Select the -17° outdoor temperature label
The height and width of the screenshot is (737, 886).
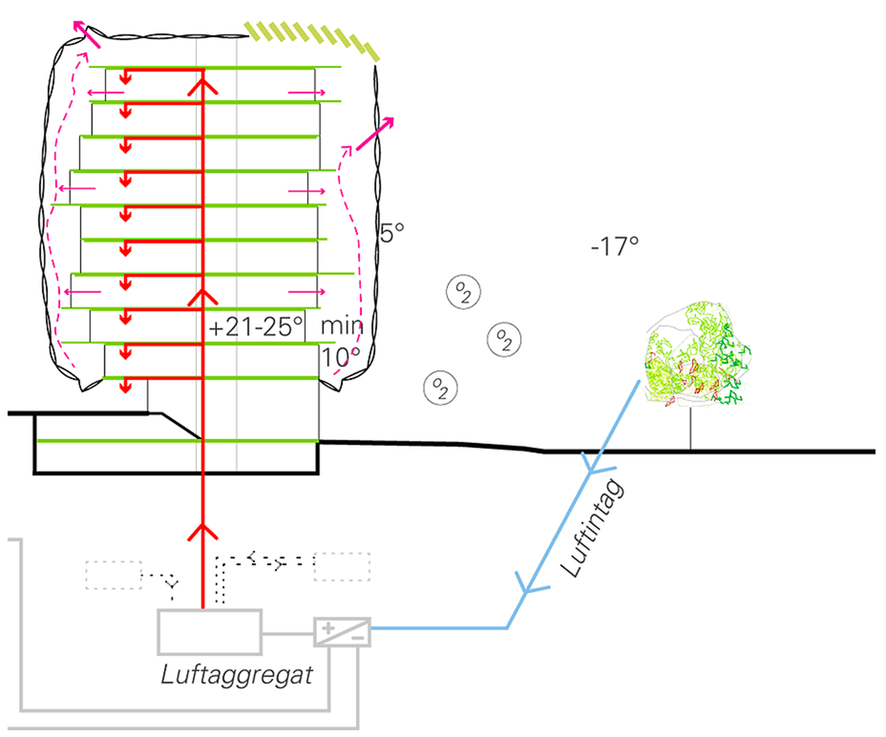(x=614, y=246)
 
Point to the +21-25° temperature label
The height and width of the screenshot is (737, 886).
(x=256, y=327)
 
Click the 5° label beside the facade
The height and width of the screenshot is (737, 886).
(x=391, y=235)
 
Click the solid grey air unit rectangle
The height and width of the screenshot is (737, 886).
(x=210, y=631)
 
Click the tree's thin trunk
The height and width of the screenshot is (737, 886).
(x=691, y=428)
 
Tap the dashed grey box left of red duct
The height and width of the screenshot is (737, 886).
(x=114, y=575)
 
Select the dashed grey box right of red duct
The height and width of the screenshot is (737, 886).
(x=342, y=567)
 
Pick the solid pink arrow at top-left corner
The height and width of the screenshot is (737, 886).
(x=86, y=32)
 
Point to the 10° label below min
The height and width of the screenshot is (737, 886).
(x=340, y=358)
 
